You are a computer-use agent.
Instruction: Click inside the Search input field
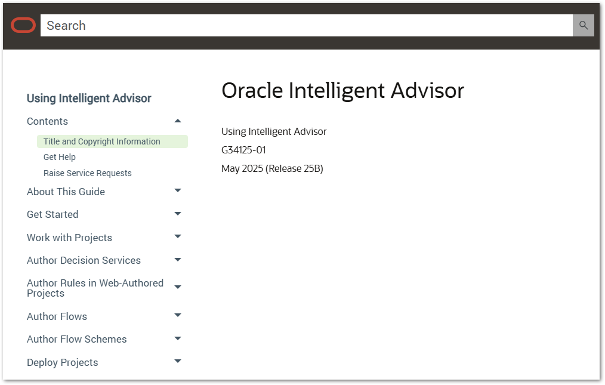(306, 26)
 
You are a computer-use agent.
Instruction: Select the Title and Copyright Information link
(101, 141)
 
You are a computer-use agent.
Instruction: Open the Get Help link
(60, 157)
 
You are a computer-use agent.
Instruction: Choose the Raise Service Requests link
(87, 173)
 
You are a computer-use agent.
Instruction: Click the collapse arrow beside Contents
(178, 121)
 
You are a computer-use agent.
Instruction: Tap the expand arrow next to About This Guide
(178, 190)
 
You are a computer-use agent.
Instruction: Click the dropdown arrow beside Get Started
(178, 214)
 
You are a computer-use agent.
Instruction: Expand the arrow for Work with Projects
(178, 236)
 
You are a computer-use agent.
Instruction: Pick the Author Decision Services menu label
(84, 261)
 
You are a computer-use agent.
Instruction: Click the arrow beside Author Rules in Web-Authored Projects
(178, 287)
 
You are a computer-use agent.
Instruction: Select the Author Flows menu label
(57, 316)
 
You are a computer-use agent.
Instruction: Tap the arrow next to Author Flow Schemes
(178, 338)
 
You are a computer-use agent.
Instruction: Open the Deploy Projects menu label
(63, 362)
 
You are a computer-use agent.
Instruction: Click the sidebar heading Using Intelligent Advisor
(89, 98)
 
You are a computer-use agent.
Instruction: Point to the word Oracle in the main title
(252, 91)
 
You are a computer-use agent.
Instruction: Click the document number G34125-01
(243, 150)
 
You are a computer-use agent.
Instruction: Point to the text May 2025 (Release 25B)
(273, 169)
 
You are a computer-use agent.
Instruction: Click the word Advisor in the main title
(428, 91)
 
